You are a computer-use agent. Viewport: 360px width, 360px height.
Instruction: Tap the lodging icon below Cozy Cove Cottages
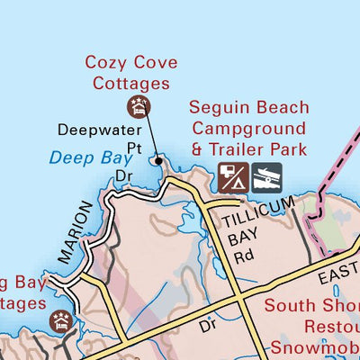(x=138, y=107)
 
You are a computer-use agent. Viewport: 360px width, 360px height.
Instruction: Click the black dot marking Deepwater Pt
(x=159, y=161)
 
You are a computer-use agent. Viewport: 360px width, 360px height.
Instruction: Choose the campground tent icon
(x=231, y=177)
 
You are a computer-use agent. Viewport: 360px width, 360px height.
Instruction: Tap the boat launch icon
(x=267, y=177)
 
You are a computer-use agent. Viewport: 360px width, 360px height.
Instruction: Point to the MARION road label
(x=74, y=232)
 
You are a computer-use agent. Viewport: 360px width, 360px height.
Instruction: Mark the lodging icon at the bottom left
(x=61, y=321)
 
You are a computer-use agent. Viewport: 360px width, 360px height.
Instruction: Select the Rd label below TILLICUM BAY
(x=243, y=256)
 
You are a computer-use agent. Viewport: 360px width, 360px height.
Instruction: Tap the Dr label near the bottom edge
(x=206, y=320)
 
